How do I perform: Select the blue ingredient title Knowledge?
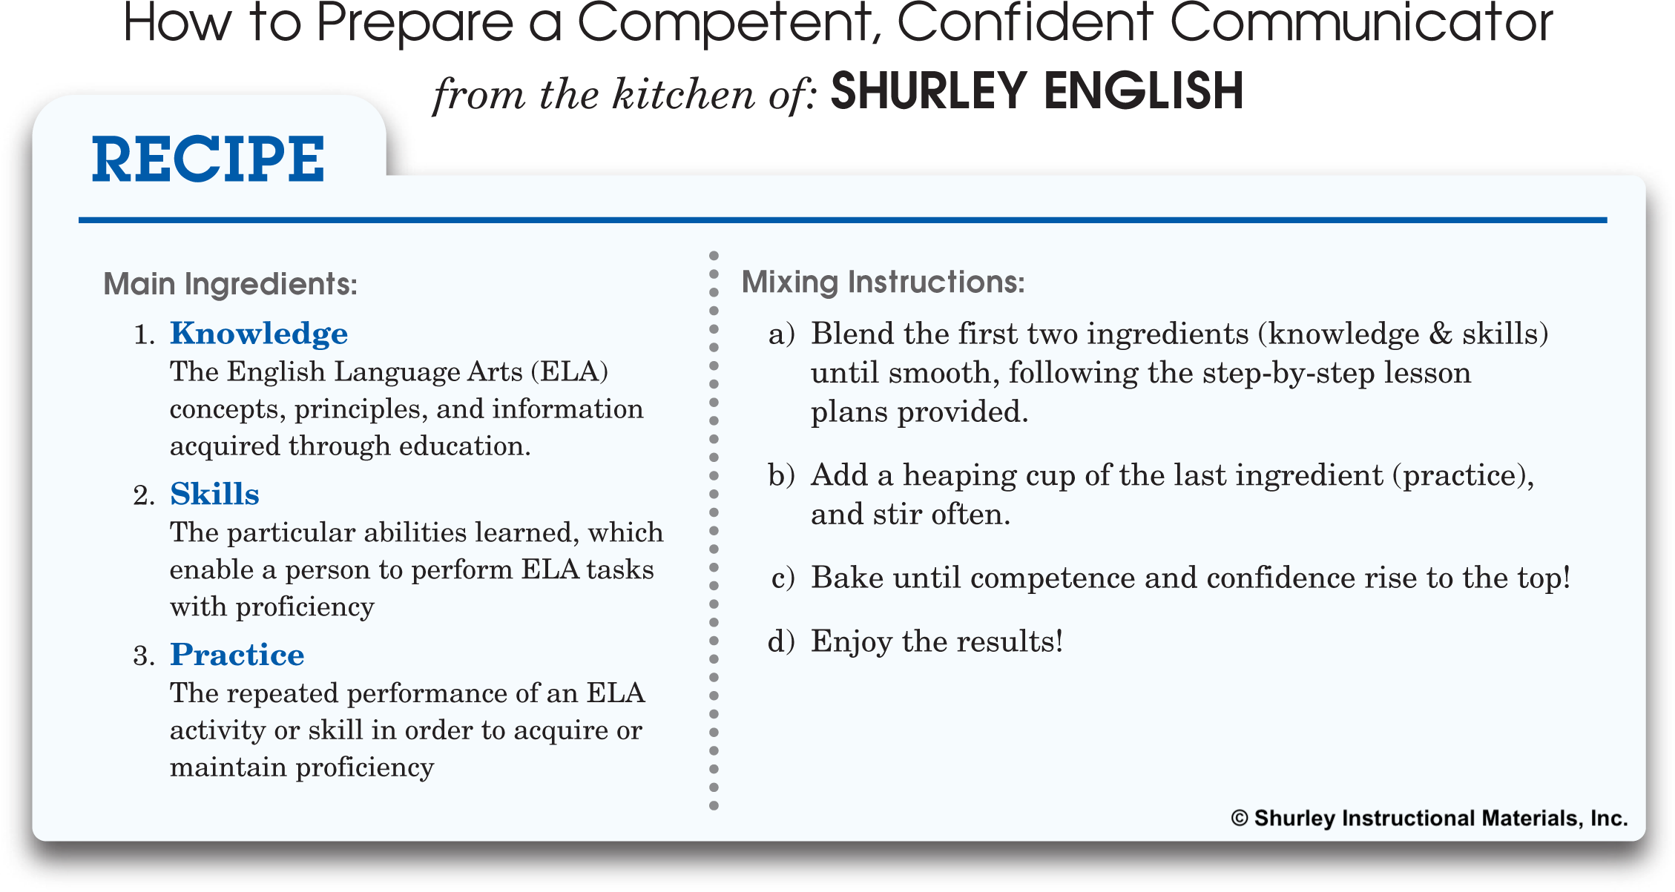pos(259,334)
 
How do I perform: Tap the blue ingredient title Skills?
pos(214,494)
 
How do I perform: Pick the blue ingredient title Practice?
pos(237,655)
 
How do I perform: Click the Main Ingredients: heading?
pos(231,284)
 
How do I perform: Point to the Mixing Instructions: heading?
pos(883,283)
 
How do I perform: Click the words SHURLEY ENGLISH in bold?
pos(1037,91)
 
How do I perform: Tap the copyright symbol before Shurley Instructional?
pos(1240,819)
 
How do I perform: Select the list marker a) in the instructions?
pos(782,334)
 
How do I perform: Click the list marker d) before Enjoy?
pos(782,641)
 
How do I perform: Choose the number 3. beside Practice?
pos(144,656)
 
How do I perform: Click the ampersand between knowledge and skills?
pos(1441,334)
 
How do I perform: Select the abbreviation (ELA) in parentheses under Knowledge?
pos(570,371)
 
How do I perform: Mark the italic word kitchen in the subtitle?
pos(683,94)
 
